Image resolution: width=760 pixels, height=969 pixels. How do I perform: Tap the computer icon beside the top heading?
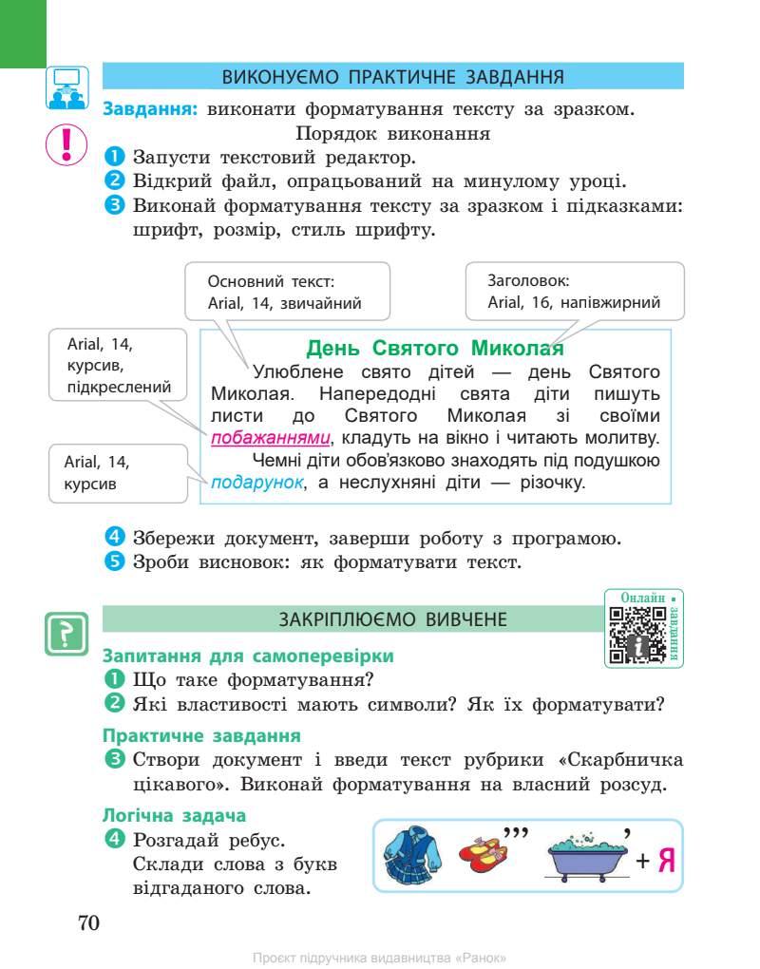66,86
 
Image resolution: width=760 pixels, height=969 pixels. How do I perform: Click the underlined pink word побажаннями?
271,439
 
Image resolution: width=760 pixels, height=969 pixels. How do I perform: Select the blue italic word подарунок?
257,483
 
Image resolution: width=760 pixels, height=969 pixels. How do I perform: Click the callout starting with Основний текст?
284,293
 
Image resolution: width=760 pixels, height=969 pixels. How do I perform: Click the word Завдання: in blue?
150,109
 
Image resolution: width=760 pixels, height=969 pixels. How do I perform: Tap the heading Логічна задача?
174,815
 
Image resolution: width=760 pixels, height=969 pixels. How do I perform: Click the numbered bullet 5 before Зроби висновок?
113,562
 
